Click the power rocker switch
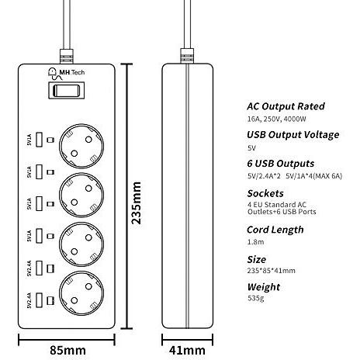coord(67,90)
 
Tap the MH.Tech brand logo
coord(66,74)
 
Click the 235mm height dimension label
coord(137,202)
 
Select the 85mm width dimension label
coord(67,351)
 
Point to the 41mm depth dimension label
coord(187,351)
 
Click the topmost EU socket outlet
coord(81,146)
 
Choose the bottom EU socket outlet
coord(81,293)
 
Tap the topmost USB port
coord(39,140)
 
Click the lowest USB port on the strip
coord(39,300)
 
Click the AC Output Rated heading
coord(286,106)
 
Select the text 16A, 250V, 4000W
coord(277,119)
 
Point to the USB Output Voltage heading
coord(293,135)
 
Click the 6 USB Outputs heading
coord(281,164)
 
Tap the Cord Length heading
coord(275,230)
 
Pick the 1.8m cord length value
coord(255,242)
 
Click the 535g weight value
coord(256,298)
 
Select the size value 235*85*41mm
coord(272,271)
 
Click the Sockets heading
coord(265,193)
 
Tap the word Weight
coord(264,287)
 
